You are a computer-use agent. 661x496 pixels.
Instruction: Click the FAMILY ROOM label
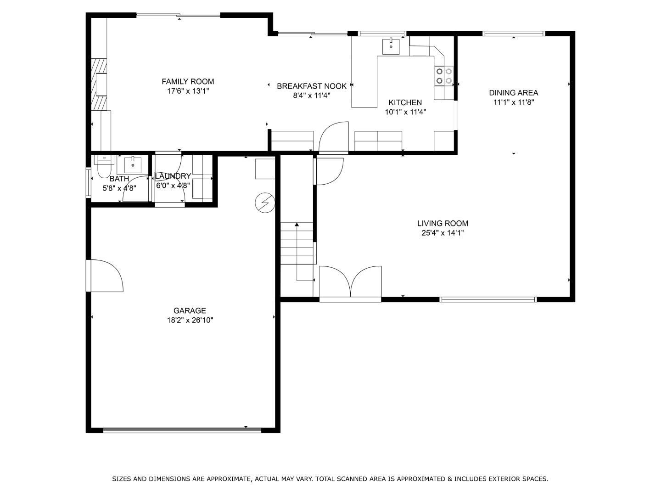point(188,81)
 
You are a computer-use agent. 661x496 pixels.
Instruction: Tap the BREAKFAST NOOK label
point(311,86)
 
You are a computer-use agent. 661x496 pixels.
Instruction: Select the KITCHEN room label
point(405,102)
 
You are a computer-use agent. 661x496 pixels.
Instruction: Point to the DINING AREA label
point(513,93)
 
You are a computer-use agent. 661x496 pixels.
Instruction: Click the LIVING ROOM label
point(443,223)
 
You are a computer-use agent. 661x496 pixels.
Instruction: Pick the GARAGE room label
point(190,310)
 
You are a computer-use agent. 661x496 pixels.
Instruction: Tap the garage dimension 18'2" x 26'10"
point(190,321)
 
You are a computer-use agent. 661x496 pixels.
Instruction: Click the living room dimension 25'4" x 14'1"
point(443,233)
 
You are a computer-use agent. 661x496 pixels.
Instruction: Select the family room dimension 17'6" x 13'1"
point(188,91)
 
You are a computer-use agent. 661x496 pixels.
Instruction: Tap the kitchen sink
point(391,46)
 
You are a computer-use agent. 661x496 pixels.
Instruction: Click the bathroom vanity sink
point(133,164)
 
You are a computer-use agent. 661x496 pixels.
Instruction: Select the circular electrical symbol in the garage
point(265,203)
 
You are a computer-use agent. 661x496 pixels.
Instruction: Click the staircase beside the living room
point(297,243)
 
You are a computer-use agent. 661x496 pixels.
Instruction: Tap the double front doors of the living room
point(350,282)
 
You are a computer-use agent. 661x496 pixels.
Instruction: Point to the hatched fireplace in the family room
point(99,85)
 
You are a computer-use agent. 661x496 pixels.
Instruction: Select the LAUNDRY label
point(173,176)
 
